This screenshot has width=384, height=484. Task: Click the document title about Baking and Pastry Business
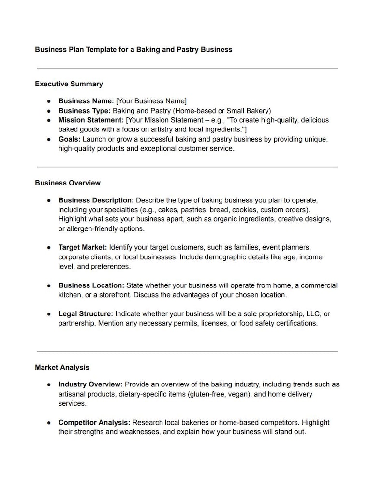pyautogui.click(x=133, y=49)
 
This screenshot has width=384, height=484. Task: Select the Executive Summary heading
pyautogui.click(x=69, y=84)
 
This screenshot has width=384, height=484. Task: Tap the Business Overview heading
pyautogui.click(x=68, y=183)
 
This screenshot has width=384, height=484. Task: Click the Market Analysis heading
pyautogui.click(x=62, y=368)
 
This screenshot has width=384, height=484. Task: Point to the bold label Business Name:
pyautogui.click(x=86, y=101)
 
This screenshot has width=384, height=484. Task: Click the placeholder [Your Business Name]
pyautogui.click(x=151, y=101)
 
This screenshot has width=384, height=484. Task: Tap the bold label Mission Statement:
pyautogui.click(x=91, y=120)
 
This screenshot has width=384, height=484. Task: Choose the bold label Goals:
pyautogui.click(x=70, y=139)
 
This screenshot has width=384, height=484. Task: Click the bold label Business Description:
pyautogui.click(x=96, y=200)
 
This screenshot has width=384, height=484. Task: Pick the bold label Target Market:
pyautogui.click(x=83, y=247)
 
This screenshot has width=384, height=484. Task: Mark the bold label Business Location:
pyautogui.click(x=91, y=285)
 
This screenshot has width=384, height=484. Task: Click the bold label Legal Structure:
pyautogui.click(x=86, y=314)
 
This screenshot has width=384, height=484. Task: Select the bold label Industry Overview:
pyautogui.click(x=90, y=384)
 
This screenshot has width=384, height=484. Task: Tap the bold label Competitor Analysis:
pyautogui.click(x=94, y=423)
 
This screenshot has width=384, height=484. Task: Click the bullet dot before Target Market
pyautogui.click(x=49, y=248)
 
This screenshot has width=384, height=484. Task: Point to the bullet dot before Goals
pyautogui.click(x=49, y=140)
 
